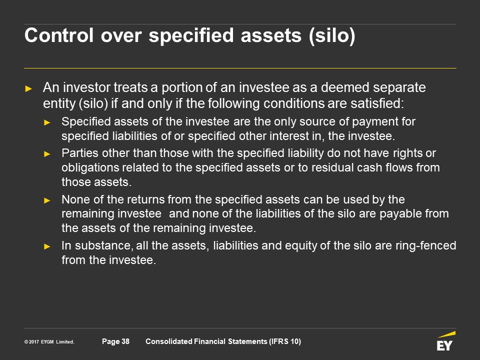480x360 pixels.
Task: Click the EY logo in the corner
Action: pyautogui.click(x=446, y=341)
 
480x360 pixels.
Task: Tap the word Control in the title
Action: pyautogui.click(x=59, y=35)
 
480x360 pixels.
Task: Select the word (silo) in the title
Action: pyautogui.click(x=332, y=36)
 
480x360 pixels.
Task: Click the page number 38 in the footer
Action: pyautogui.click(x=125, y=341)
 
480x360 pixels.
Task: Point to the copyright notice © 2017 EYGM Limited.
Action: pyautogui.click(x=49, y=341)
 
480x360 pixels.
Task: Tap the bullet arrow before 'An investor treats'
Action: pyautogui.click(x=28, y=89)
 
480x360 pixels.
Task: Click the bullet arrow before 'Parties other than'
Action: pyautogui.click(x=47, y=153)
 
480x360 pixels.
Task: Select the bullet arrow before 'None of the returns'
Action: pyautogui.click(x=47, y=200)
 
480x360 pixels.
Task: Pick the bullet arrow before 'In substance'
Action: pyautogui.click(x=47, y=246)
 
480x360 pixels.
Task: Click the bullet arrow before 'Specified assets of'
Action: pyautogui.click(x=47, y=123)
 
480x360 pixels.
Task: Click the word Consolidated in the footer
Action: pyautogui.click(x=168, y=341)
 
